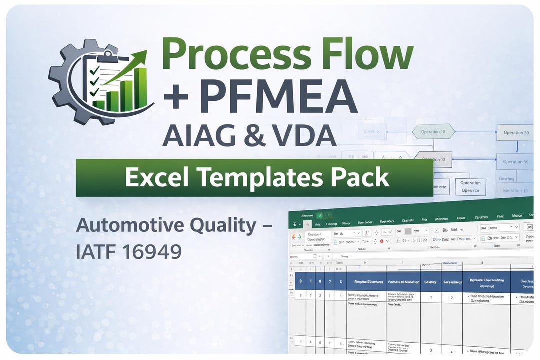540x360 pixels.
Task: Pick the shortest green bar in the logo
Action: pos(99,105)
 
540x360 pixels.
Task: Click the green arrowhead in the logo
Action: pos(141,56)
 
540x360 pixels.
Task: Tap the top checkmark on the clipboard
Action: pos(93,71)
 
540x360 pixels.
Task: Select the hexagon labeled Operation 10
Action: pos(433,132)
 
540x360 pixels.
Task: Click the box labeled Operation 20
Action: pos(516,132)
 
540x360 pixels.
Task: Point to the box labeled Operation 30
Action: pos(516,161)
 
